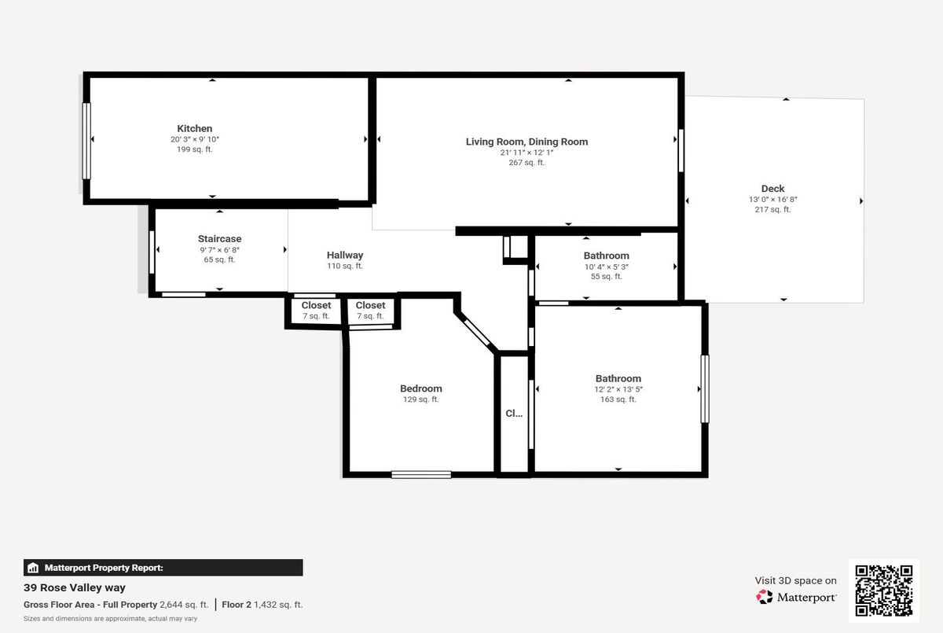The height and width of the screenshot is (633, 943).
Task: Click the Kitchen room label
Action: pyautogui.click(x=195, y=128)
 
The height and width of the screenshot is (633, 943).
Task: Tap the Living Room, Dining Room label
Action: pyautogui.click(x=527, y=142)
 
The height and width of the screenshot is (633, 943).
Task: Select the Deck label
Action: pyautogui.click(x=772, y=189)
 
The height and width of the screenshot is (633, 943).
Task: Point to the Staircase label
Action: pyautogui.click(x=219, y=239)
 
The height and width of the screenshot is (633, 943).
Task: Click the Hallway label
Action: pyautogui.click(x=345, y=256)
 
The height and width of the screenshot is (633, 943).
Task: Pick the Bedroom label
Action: pyautogui.click(x=421, y=388)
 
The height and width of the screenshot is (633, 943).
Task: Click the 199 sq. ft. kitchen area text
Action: pyautogui.click(x=195, y=149)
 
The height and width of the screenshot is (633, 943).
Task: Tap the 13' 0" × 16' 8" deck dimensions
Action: pyautogui.click(x=773, y=200)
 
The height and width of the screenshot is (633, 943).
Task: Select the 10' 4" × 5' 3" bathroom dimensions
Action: pyautogui.click(x=606, y=267)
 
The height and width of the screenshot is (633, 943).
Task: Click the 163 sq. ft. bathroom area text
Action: pyautogui.click(x=618, y=399)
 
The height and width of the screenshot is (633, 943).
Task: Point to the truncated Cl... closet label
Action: pyautogui.click(x=514, y=413)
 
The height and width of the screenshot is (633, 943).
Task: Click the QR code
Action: pyautogui.click(x=883, y=591)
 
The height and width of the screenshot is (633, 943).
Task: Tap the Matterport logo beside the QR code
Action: pyautogui.click(x=795, y=597)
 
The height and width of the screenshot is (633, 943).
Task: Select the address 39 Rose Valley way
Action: pyautogui.click(x=75, y=587)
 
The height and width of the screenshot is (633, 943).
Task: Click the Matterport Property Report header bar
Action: pyautogui.click(x=163, y=568)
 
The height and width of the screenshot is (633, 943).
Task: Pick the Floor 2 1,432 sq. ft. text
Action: pyautogui.click(x=262, y=605)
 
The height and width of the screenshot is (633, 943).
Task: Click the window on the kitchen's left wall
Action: pyautogui.click(x=86, y=141)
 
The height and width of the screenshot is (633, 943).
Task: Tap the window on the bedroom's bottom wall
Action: pyautogui.click(x=421, y=475)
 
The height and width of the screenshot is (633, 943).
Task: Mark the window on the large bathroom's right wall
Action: pyautogui.click(x=705, y=389)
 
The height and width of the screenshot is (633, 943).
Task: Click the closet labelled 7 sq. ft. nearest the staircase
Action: pyautogui.click(x=316, y=311)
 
